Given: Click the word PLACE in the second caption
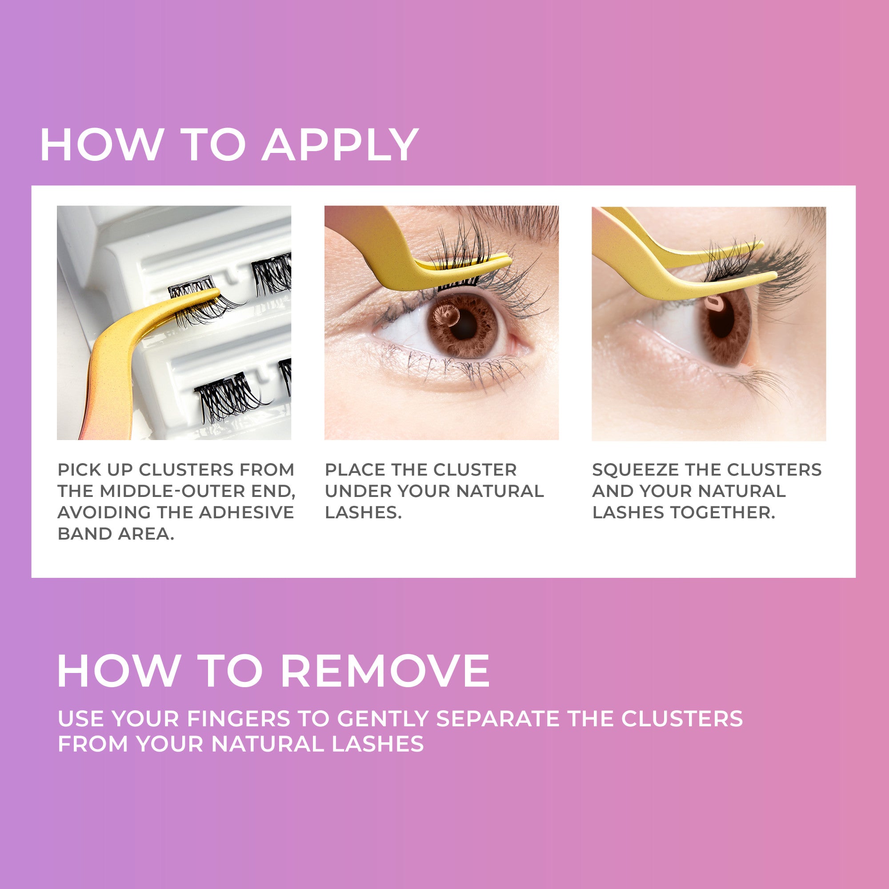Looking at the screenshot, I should [354, 470].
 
